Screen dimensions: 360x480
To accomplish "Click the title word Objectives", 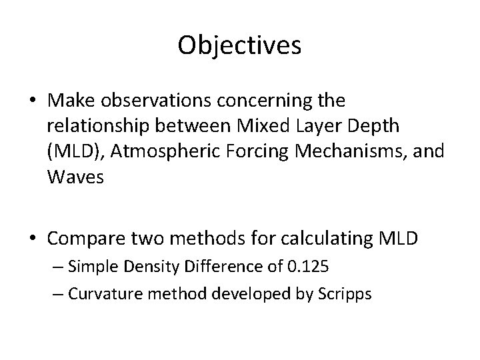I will click(240, 45).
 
